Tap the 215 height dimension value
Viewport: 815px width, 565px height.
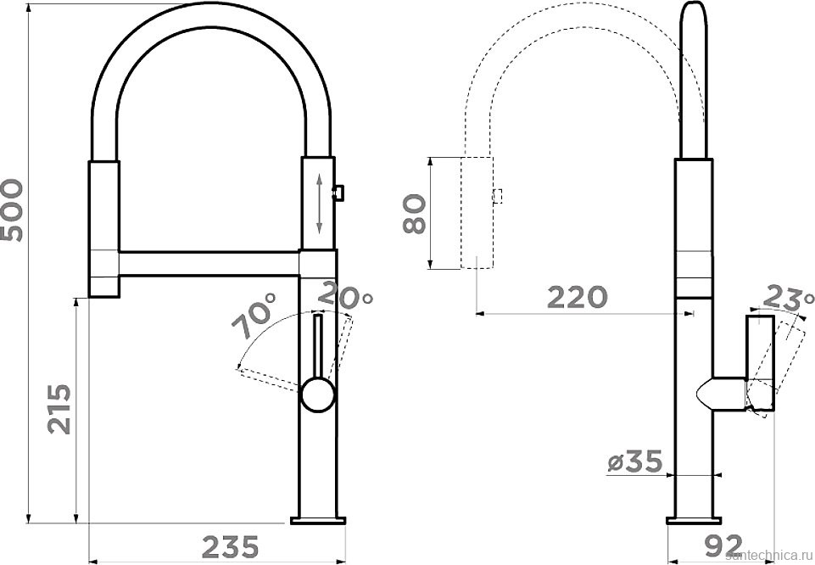click(x=59, y=409)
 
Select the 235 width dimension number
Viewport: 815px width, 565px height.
click(x=231, y=546)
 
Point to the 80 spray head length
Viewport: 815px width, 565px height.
click(x=416, y=213)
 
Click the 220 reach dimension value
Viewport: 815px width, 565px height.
click(x=578, y=297)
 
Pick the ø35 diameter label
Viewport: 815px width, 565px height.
click(x=635, y=462)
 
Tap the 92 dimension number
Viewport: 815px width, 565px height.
click(x=723, y=545)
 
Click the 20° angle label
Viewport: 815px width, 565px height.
click(x=345, y=295)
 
